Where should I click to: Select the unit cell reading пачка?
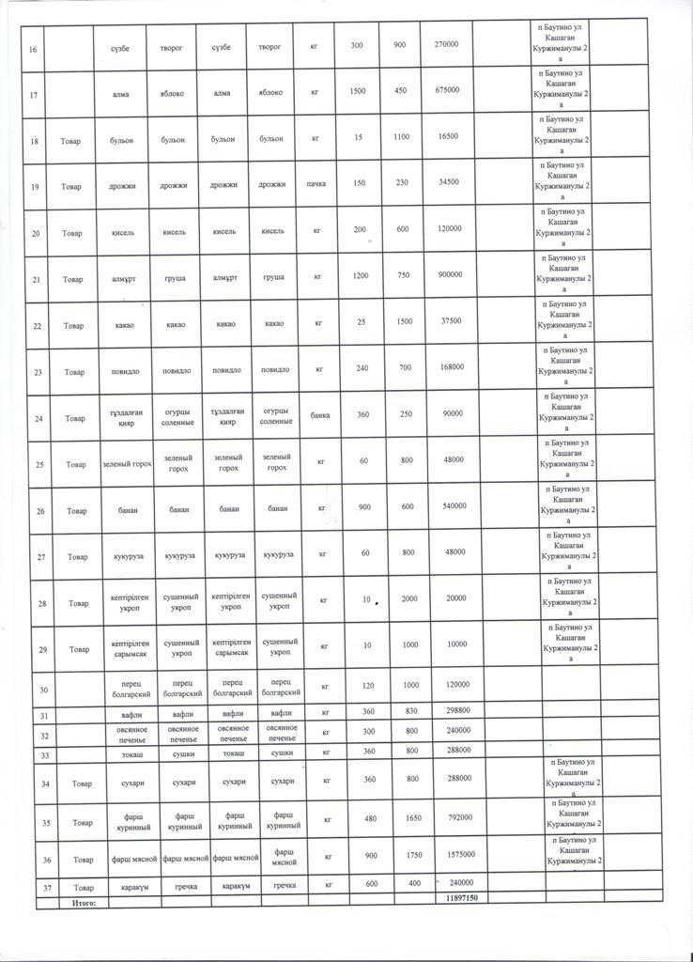pyautogui.click(x=316, y=184)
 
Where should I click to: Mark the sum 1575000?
pyautogui.click(x=454, y=854)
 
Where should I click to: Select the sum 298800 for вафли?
pyautogui.click(x=453, y=715)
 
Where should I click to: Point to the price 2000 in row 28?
pyautogui.click(x=410, y=598)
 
